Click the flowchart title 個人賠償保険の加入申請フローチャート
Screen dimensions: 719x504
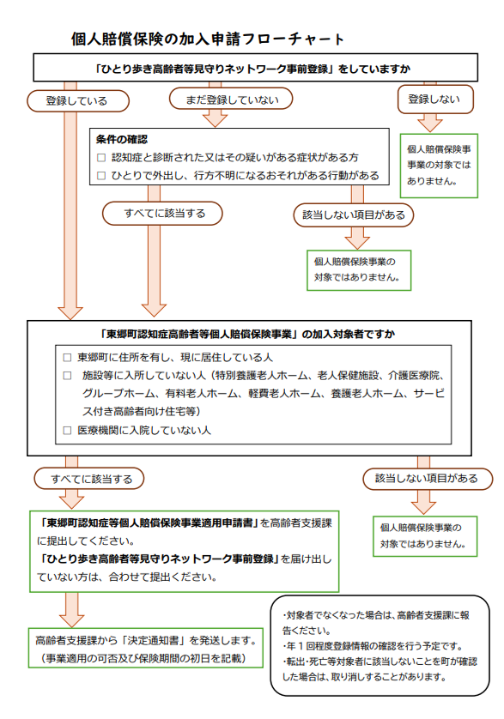[209, 39]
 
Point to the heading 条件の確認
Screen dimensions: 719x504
[122, 139]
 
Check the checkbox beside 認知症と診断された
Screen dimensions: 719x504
[101, 157]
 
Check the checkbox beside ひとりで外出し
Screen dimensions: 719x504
[101, 175]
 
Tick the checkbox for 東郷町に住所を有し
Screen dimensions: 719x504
[68, 357]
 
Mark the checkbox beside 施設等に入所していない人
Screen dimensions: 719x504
[68, 376]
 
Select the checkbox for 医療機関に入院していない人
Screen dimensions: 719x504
[68, 430]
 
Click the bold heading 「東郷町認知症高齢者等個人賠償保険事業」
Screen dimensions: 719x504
[197, 334]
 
